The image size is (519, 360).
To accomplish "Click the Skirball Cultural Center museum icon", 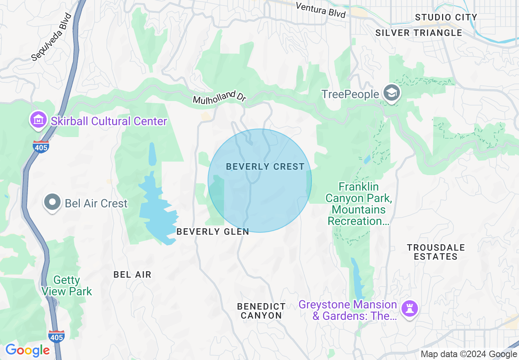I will [38, 120].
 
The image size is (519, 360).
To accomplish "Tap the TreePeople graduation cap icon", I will [392, 94].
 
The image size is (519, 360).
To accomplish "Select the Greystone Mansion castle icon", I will [410, 308].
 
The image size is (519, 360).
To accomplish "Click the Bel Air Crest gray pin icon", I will [52, 203].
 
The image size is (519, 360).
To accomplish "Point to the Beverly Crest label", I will [265, 166].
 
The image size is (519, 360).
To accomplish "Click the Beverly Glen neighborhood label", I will [212, 232].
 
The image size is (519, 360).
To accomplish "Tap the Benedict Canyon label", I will [261, 311].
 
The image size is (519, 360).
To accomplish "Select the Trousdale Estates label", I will [436, 252].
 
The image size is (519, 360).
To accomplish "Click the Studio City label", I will [446, 17].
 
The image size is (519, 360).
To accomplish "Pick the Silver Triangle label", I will [419, 33].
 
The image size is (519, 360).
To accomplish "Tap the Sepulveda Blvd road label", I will [52, 37].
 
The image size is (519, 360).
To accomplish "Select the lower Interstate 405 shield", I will [56, 336].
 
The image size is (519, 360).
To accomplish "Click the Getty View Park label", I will [67, 286].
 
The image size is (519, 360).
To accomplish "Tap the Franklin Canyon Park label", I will [359, 204].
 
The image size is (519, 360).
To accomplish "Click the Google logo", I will [27, 350].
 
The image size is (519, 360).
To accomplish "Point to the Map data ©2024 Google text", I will [469, 354].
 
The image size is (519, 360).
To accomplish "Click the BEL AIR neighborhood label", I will [132, 274].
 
